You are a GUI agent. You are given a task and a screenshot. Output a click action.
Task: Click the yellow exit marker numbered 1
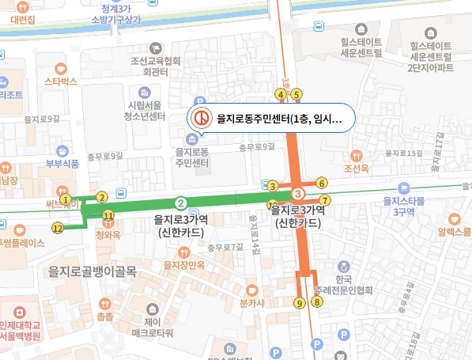66,199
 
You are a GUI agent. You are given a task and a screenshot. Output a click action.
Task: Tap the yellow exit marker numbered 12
57,228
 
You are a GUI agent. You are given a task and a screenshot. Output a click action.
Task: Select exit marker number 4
280,95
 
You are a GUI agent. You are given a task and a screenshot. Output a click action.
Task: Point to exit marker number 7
324,199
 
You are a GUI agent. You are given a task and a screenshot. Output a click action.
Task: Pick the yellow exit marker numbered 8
317,301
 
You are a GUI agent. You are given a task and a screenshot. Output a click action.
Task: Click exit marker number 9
298,302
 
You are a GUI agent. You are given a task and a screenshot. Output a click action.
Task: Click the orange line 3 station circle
298,194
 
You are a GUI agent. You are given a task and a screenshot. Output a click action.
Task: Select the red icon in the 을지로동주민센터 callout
202,118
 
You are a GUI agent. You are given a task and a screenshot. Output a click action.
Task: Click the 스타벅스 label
60,81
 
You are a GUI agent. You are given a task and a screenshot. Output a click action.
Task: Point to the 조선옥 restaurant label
357,169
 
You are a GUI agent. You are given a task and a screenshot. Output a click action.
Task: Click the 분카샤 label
251,302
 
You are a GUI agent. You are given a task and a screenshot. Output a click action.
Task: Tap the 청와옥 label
107,235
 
